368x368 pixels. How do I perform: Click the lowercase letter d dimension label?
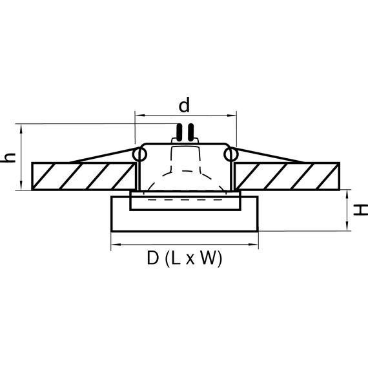(x=185, y=104)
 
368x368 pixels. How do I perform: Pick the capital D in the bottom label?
(x=153, y=259)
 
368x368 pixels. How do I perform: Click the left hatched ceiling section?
(x=83, y=176)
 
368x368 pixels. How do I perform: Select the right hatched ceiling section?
(x=286, y=176)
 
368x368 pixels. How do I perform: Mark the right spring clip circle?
(x=230, y=155)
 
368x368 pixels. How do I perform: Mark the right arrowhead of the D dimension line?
(x=255, y=245)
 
